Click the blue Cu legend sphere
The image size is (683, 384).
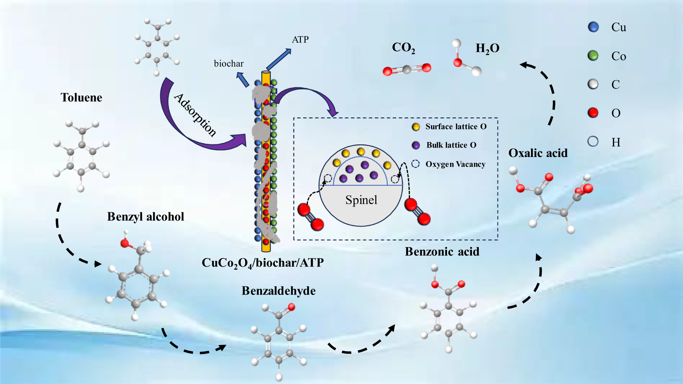click(x=594, y=27)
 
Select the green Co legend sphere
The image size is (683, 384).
click(x=593, y=55)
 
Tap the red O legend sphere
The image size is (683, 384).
click(x=593, y=113)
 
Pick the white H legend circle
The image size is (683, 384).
click(x=593, y=141)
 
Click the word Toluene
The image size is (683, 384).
click(x=81, y=98)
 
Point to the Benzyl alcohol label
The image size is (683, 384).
click(x=145, y=217)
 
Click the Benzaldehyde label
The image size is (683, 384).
click(x=279, y=291)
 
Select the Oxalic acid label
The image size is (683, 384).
click(x=538, y=153)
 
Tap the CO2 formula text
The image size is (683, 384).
click(x=403, y=48)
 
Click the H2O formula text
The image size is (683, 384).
click(x=487, y=48)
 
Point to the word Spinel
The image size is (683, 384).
click(x=361, y=200)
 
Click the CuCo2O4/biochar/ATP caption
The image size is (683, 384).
click(x=263, y=263)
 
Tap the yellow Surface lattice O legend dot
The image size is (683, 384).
click(x=416, y=127)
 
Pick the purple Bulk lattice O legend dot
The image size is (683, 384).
click(x=416, y=145)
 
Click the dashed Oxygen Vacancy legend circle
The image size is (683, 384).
click(x=416, y=164)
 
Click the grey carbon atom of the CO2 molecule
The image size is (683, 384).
click(x=407, y=70)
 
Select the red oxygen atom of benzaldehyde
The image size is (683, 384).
click(x=291, y=307)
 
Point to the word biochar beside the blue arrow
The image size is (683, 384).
click(x=229, y=63)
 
